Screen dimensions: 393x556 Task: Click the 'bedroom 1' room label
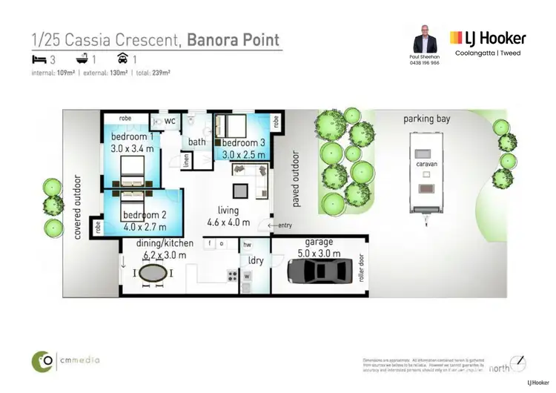[x=133, y=137]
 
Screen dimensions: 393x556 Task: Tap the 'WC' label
[x=170, y=121]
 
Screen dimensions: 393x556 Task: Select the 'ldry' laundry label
[x=255, y=260]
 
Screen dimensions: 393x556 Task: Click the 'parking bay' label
[x=426, y=119]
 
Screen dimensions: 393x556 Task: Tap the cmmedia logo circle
[x=42, y=361]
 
